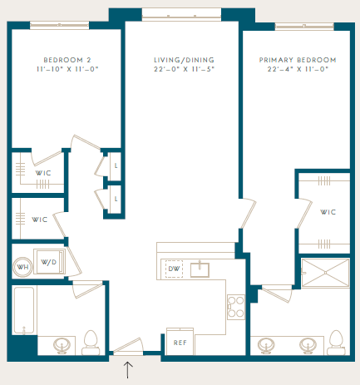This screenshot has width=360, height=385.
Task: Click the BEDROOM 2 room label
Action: click(67, 60)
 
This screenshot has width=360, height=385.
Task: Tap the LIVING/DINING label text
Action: click(184, 60)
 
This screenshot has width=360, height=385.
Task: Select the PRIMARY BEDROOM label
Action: click(298, 60)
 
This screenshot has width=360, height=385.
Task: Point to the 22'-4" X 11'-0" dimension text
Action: click(298, 69)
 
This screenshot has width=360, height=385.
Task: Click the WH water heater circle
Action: click(22, 267)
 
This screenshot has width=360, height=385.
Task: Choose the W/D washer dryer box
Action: click(49, 262)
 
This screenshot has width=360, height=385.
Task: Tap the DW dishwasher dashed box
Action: click(174, 269)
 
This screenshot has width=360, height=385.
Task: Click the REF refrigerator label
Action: click(180, 343)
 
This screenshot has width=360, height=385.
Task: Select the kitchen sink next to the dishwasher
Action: click(200, 269)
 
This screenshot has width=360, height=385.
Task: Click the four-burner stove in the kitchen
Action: click(236, 307)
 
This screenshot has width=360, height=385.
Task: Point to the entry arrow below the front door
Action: click(127, 370)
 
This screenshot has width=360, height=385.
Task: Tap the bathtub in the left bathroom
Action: click(24, 310)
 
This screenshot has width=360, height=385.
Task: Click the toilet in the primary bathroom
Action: click(337, 343)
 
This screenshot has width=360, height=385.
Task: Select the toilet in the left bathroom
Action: click(91, 343)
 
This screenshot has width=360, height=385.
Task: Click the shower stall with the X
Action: click(325, 273)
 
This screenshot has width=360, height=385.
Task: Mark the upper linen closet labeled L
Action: click(116, 166)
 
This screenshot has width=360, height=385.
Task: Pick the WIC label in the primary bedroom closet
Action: click(328, 212)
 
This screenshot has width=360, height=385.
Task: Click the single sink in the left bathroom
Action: click(62, 346)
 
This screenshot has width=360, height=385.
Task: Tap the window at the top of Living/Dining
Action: click(181, 14)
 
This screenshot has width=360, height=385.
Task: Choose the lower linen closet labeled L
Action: click(116, 199)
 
